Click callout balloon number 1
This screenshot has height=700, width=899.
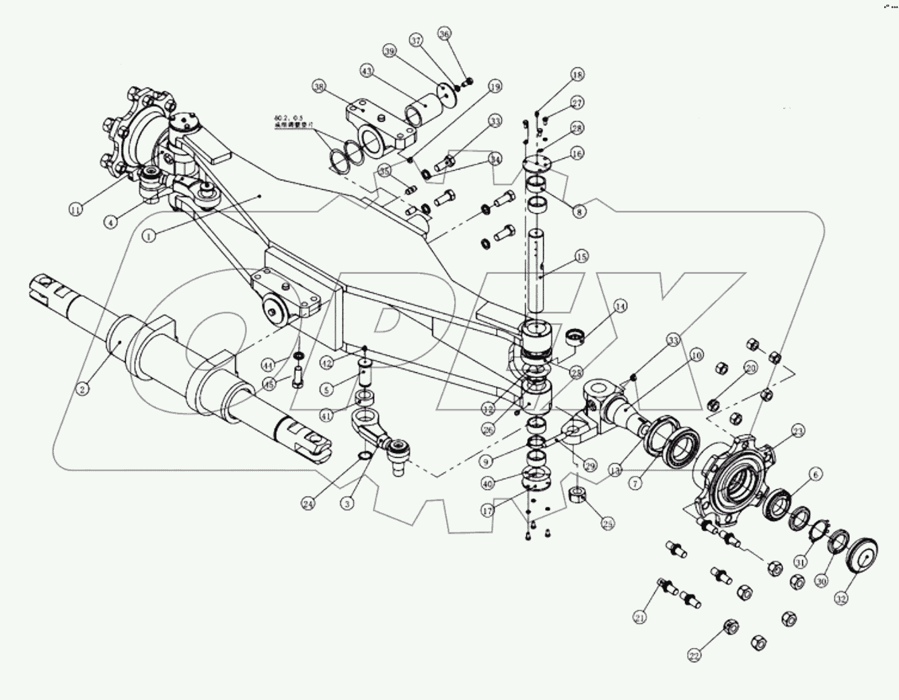tap(149, 236)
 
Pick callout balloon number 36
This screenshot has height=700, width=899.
tap(443, 34)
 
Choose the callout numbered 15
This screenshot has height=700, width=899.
tap(581, 256)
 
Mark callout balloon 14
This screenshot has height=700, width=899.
tap(620, 307)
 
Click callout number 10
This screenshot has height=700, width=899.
tap(696, 354)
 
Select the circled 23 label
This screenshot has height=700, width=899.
tap(797, 431)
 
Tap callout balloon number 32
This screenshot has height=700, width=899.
tap(842, 597)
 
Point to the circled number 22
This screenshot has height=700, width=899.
tap(694, 655)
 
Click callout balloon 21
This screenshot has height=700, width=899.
tap(640, 617)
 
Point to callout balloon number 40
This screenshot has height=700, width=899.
tap(489, 483)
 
